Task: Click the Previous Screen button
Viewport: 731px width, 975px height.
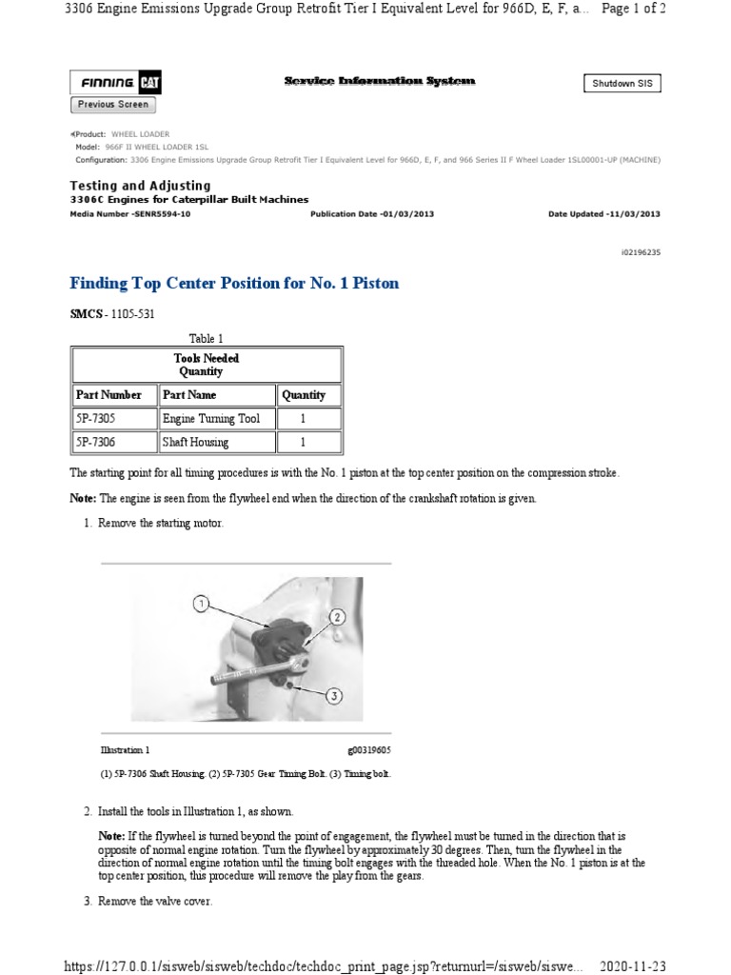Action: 112,104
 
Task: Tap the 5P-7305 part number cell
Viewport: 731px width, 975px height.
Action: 101,419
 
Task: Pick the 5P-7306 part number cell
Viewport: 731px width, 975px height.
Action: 101,443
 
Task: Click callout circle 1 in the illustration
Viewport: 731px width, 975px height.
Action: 200,603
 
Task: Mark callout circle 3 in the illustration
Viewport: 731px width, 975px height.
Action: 333,696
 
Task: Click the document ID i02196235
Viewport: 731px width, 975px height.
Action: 639,252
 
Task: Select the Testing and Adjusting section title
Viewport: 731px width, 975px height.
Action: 141,186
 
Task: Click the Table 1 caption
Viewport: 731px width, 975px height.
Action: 207,338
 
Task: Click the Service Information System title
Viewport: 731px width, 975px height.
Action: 380,82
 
